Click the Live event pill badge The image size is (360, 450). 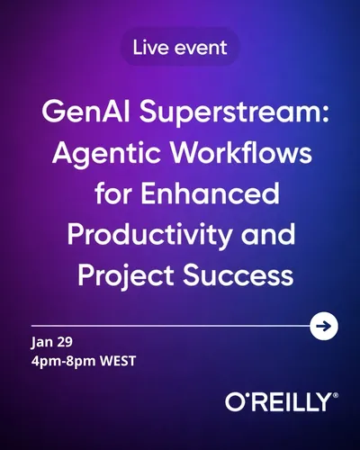pyautogui.click(x=180, y=47)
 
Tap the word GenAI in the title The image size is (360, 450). pyautogui.click(x=85, y=112)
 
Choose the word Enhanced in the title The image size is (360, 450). pyautogui.click(x=210, y=193)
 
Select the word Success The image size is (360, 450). pyautogui.click(x=238, y=275)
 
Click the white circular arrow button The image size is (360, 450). pyautogui.click(x=324, y=326)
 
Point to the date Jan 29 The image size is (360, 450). pyautogui.click(x=51, y=343)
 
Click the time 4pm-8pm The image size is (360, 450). pyautogui.click(x=63, y=362)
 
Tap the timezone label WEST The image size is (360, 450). pyautogui.click(x=118, y=361)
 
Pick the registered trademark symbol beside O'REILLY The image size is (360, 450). pyautogui.click(x=336, y=395)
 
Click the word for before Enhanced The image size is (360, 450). pyautogui.click(x=113, y=193)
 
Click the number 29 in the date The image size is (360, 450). pyautogui.click(x=63, y=342)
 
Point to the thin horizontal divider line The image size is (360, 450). pyautogui.click(x=170, y=326)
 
